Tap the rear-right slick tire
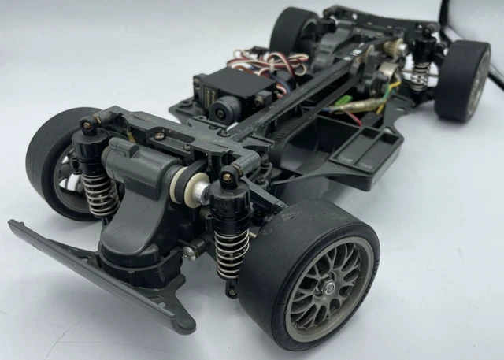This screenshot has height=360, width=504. click(465, 79)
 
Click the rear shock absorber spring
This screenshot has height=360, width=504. click(423, 72)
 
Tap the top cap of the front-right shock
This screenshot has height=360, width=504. click(229, 174)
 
